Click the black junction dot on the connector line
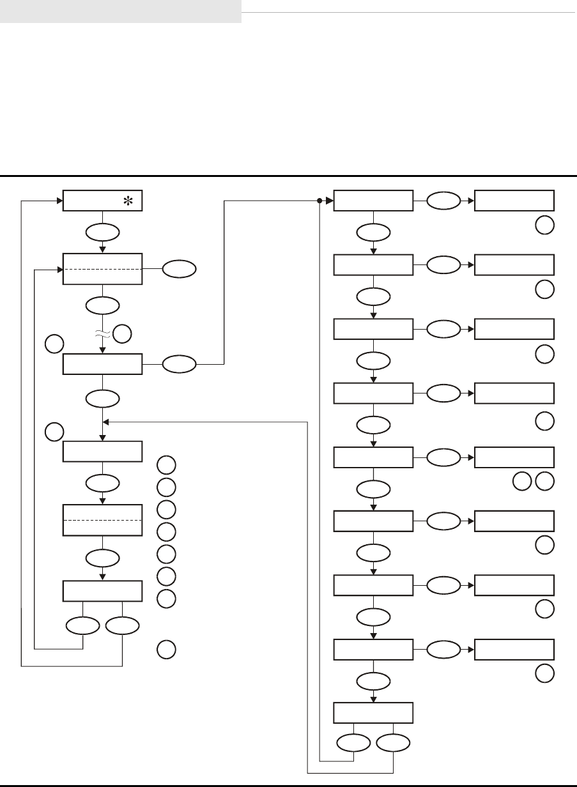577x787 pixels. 319,201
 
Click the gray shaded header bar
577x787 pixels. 120,11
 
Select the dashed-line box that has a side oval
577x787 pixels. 102,269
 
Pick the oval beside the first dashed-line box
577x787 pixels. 180,270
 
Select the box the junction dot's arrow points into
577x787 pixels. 373,201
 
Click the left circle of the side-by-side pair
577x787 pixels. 522,481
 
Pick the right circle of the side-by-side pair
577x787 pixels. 545,481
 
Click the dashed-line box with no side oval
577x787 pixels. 102,520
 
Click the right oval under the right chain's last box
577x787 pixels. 393,742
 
